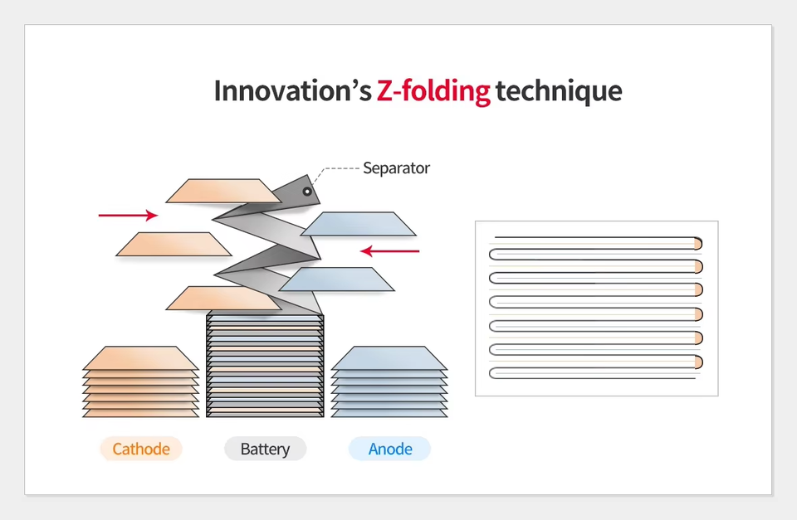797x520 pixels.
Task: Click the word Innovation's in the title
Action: (x=293, y=91)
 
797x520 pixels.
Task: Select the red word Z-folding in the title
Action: (x=433, y=91)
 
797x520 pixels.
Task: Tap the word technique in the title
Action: (x=559, y=91)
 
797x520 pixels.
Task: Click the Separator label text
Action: (x=397, y=168)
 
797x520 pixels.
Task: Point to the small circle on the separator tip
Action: (x=307, y=192)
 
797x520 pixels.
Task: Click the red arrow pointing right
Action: (x=128, y=216)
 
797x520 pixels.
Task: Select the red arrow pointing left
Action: (x=390, y=250)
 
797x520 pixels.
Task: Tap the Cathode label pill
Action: (x=141, y=449)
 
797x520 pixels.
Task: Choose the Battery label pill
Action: (x=266, y=449)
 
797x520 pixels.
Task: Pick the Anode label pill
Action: (x=390, y=449)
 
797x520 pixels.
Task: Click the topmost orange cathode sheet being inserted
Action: (x=223, y=191)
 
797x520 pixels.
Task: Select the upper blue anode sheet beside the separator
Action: (x=359, y=224)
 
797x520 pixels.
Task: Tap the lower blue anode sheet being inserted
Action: (x=336, y=279)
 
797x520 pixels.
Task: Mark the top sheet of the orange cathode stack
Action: (x=141, y=358)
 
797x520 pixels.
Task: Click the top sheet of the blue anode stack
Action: (x=389, y=358)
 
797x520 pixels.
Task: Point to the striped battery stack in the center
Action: (x=265, y=366)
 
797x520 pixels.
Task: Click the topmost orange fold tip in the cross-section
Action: (x=698, y=244)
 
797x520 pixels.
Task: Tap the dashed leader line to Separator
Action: (x=335, y=172)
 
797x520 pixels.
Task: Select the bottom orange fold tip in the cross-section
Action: (x=698, y=362)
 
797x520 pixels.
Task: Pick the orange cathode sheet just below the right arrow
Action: (x=174, y=245)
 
